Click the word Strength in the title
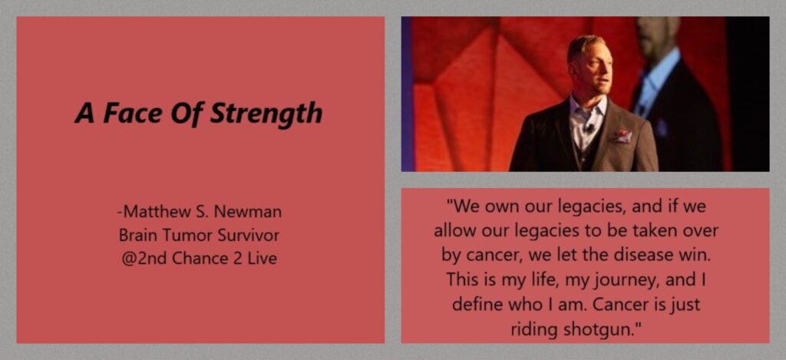point(266,114)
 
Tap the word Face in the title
point(132,113)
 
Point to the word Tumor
point(182,235)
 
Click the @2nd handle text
point(144,259)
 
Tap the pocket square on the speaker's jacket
point(622,136)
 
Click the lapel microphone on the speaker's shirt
point(590,127)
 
